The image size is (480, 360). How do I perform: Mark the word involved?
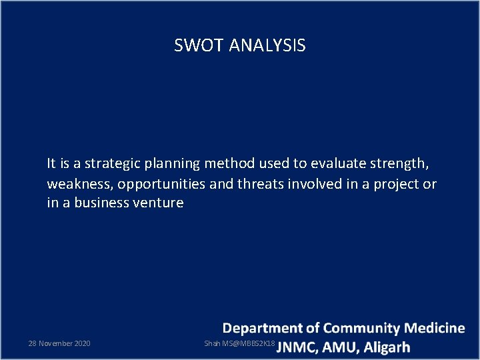click(312, 183)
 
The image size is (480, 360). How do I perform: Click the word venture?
click(160, 203)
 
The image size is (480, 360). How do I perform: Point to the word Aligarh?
click(387, 347)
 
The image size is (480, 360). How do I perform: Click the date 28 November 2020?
click(59, 343)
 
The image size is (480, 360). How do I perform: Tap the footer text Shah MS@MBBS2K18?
click(239, 343)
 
